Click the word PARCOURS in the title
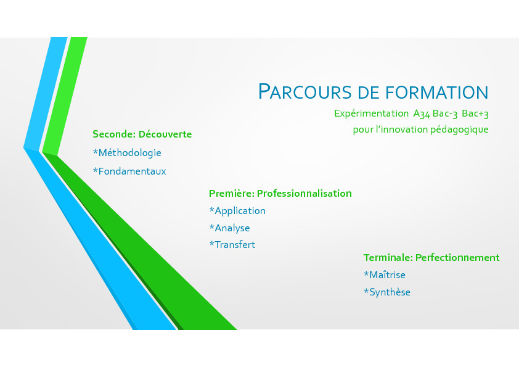click(x=305, y=91)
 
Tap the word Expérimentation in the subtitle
click(x=372, y=113)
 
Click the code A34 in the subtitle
click(x=422, y=114)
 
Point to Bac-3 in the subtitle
click(x=445, y=113)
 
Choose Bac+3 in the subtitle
click(x=475, y=113)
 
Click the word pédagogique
click(x=459, y=130)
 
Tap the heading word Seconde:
click(x=114, y=134)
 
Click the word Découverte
click(x=165, y=134)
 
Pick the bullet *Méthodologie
click(x=127, y=153)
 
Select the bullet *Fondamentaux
click(x=129, y=171)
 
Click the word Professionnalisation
click(x=304, y=194)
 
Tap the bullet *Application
click(x=237, y=211)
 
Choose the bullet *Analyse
click(x=229, y=228)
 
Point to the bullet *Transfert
click(x=232, y=245)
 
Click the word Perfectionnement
click(x=457, y=258)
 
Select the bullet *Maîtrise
click(x=384, y=275)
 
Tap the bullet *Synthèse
click(x=387, y=292)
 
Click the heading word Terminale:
click(x=388, y=258)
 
